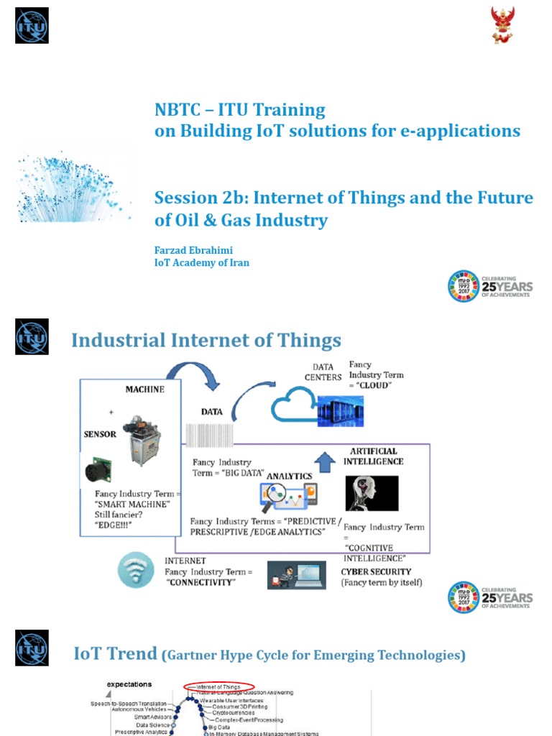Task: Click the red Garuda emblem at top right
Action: pos(502,24)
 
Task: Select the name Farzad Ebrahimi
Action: pos(193,250)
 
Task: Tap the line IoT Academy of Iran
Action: pos(202,263)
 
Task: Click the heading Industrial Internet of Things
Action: pos(206,340)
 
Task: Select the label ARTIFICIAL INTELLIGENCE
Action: pos(377,456)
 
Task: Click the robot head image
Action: pos(372,494)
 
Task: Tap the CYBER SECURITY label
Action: pos(376,572)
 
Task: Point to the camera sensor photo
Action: pos(101,471)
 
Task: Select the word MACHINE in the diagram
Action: pos(144,390)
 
